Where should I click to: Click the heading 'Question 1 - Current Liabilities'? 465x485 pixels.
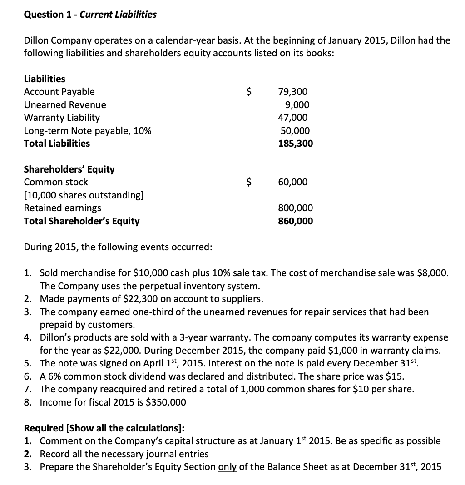pyautogui.click(x=90, y=15)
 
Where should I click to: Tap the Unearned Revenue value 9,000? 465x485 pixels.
pyautogui.click(x=297, y=105)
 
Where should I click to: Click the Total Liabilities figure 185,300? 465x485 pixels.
pyautogui.click(x=295, y=144)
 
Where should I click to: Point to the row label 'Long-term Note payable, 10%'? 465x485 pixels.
pyautogui.click(x=88, y=131)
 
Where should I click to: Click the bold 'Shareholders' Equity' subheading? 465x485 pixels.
pyautogui.click(x=69, y=169)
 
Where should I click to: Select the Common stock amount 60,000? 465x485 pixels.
pyautogui.click(x=292, y=182)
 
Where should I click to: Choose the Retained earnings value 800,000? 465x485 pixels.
pyautogui.click(x=295, y=208)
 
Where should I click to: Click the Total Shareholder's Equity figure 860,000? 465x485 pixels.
pyautogui.click(x=295, y=221)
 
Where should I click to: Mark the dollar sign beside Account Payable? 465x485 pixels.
pyautogui.click(x=248, y=92)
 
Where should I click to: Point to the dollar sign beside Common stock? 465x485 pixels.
pyautogui.click(x=248, y=182)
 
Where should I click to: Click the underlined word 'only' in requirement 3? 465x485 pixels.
pyautogui.click(x=228, y=467)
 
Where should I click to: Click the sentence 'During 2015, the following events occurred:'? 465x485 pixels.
pyautogui.click(x=118, y=247)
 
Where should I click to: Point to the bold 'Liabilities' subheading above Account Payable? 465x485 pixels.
pyautogui.click(x=44, y=79)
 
